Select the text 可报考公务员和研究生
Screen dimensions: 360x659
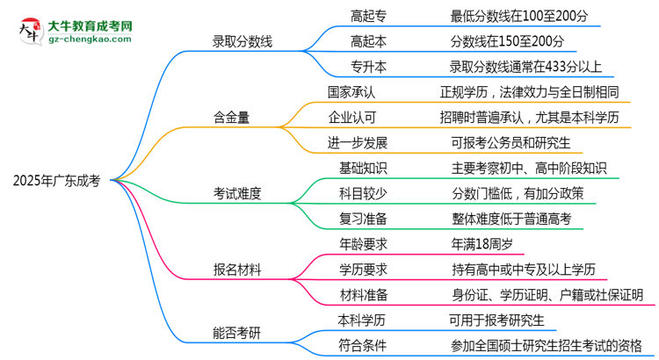[514, 141]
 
